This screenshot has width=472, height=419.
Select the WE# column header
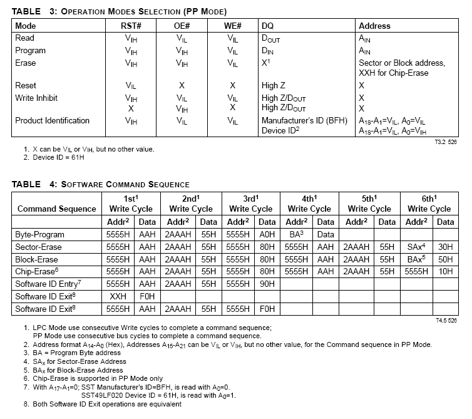233,26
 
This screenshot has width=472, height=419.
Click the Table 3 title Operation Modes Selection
143,11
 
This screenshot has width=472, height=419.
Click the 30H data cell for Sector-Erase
445,247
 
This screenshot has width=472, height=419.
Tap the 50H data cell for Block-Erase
445,259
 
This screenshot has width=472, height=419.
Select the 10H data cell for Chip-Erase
445,272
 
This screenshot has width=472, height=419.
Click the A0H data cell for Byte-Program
267,234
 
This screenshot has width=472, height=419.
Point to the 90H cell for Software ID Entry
267,284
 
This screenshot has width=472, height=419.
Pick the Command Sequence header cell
56,209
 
